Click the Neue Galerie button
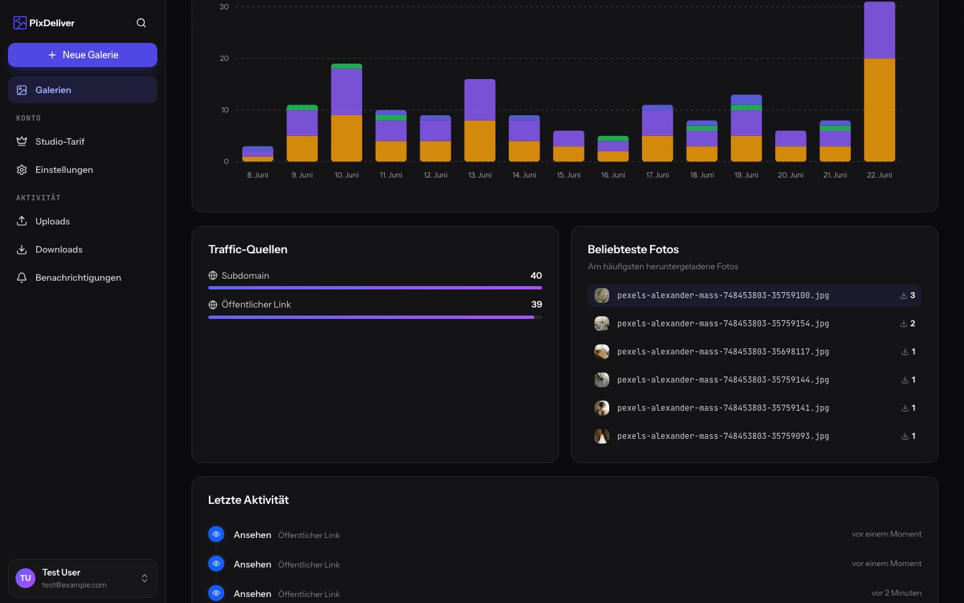coord(82,55)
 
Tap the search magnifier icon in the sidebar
coord(141,23)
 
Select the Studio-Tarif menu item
coord(60,141)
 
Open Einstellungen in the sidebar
coord(64,170)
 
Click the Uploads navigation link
coord(52,221)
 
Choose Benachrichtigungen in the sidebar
coord(78,277)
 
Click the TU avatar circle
coord(25,578)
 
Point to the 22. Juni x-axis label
coord(879,175)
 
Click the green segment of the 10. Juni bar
coord(347,66)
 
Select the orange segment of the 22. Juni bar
coord(879,110)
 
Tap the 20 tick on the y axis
coord(224,58)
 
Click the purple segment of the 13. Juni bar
coord(480,99)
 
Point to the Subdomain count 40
coord(536,275)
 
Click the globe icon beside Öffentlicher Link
coord(213,304)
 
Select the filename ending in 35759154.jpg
coord(723,324)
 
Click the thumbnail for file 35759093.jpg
coord(602,436)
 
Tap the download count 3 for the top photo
coord(912,295)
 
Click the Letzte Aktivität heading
coord(248,500)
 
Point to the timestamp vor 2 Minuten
coord(896,593)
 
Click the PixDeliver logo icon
coord(20,23)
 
